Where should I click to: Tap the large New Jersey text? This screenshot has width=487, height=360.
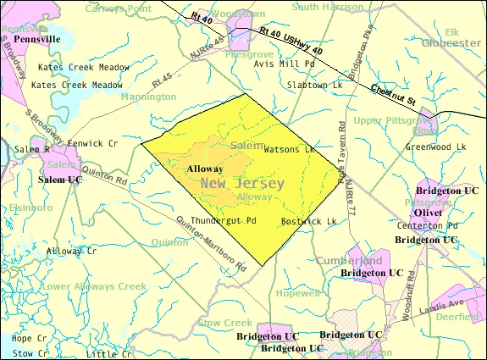pyautogui.click(x=242, y=184)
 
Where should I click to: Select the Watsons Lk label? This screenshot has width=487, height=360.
pyautogui.click(x=289, y=150)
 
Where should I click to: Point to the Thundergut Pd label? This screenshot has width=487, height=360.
pyautogui.click(x=223, y=220)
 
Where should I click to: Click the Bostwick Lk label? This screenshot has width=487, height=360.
pyautogui.click(x=309, y=222)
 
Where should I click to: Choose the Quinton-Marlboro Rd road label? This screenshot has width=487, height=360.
pyautogui.click(x=212, y=241)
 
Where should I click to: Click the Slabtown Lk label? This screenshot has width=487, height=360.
pyautogui.click(x=314, y=86)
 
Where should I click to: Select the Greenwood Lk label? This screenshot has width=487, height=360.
pyautogui.click(x=435, y=146)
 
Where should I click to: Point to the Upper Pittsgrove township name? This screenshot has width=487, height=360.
pyautogui.click(x=390, y=120)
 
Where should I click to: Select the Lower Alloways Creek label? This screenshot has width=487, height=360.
pyautogui.click(x=94, y=286)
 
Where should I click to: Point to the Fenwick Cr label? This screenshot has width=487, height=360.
pyautogui.click(x=94, y=143)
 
